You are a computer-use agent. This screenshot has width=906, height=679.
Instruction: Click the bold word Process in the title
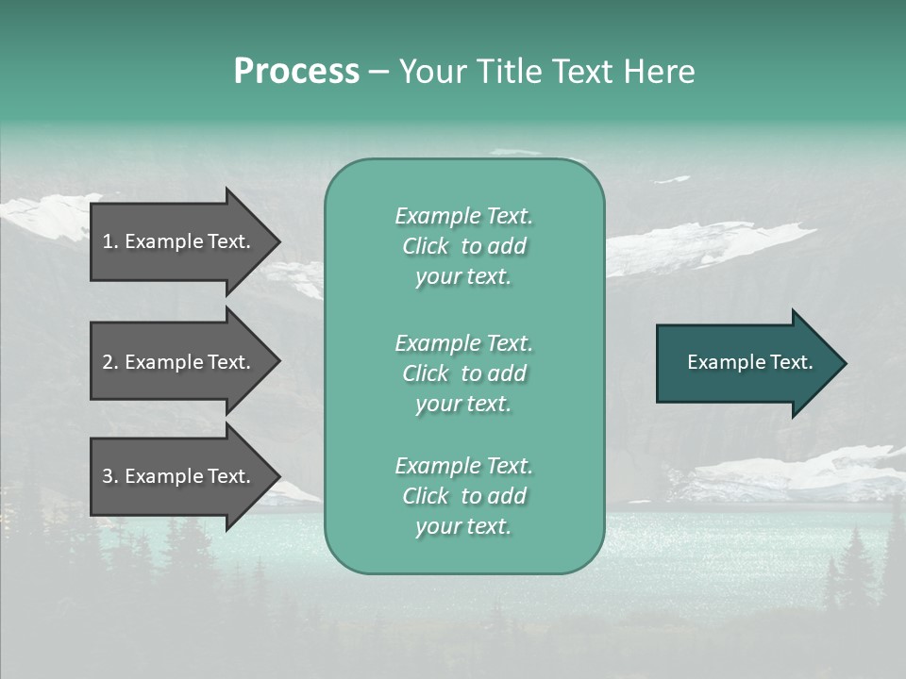(x=296, y=72)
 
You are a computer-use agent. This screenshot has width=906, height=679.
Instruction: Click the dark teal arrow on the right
(x=746, y=362)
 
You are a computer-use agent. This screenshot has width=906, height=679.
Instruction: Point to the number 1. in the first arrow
(x=110, y=241)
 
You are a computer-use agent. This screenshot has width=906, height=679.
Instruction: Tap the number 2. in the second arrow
(x=110, y=362)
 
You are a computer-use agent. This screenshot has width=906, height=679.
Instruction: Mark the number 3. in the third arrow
(x=110, y=476)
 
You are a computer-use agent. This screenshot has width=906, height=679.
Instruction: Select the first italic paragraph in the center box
(x=463, y=246)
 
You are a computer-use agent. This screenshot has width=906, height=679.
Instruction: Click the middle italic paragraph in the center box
(x=463, y=373)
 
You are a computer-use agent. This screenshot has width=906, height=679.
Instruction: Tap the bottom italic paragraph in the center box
(x=463, y=496)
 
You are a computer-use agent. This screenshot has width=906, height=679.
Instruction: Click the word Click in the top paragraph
(x=425, y=246)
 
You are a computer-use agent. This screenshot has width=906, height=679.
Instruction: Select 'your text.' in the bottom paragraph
(x=463, y=526)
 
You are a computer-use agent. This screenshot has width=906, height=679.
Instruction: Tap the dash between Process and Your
(x=378, y=72)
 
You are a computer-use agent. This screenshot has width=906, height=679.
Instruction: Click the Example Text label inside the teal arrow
(x=749, y=362)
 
